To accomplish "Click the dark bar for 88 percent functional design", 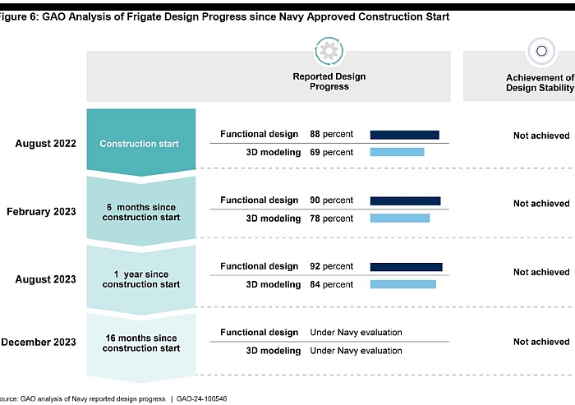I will click(404, 135).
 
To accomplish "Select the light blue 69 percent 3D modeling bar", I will click(397, 152).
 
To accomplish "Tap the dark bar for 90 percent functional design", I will click(405, 200).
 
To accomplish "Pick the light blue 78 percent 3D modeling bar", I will click(399, 219).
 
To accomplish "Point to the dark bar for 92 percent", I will click(406, 267).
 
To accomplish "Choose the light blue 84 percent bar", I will click(402, 284).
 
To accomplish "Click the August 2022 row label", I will click(45, 144).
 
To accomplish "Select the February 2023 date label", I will click(41, 212).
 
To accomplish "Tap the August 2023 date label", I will click(45, 279).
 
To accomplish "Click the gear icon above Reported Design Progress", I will click(329, 52).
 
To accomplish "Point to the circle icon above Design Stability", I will click(540, 51).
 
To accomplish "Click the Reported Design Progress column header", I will click(329, 81).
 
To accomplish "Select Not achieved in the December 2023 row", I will click(540, 342).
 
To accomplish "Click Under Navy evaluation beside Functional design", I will click(356, 333).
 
